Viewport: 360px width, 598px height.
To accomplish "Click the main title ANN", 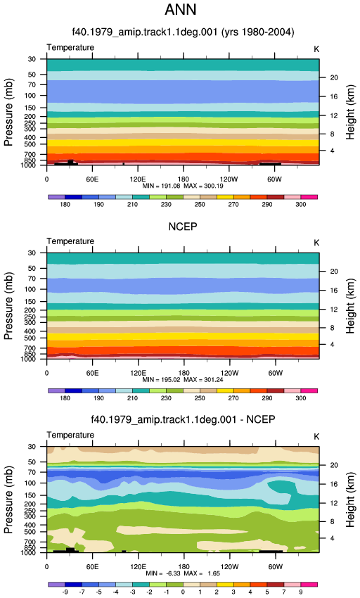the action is click(181, 9).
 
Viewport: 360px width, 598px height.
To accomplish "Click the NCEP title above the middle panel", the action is click(183, 227).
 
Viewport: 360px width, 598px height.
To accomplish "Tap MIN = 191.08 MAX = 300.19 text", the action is click(183, 186).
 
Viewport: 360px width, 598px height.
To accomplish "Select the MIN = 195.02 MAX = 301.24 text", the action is click(183, 380).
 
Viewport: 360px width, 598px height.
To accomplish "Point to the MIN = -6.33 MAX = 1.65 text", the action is click(183, 573).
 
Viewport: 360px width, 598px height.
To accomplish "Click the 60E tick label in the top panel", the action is click(92, 179).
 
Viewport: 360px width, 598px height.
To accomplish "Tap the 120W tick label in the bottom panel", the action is click(229, 567).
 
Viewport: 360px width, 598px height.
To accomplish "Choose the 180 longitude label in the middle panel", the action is click(184, 373).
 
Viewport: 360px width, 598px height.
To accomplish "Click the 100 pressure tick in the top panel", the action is click(30, 96).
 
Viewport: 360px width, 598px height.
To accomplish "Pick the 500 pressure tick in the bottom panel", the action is click(30, 532).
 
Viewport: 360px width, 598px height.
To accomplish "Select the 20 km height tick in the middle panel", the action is click(334, 271).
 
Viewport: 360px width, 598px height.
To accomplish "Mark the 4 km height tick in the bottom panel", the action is click(332, 538).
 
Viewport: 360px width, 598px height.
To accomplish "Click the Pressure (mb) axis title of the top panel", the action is click(8, 112).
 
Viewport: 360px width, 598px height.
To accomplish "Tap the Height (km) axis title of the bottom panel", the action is click(350, 500).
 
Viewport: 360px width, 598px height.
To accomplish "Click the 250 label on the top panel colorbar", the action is click(200, 205).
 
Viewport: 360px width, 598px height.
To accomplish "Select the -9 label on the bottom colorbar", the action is click(65, 592).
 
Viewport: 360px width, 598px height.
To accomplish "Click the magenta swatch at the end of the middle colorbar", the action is click(309, 391).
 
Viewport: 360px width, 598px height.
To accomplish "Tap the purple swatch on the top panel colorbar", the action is click(56, 197).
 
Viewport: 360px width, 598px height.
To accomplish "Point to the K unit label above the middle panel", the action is click(316, 243).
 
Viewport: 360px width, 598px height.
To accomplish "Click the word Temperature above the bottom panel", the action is click(70, 435).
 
